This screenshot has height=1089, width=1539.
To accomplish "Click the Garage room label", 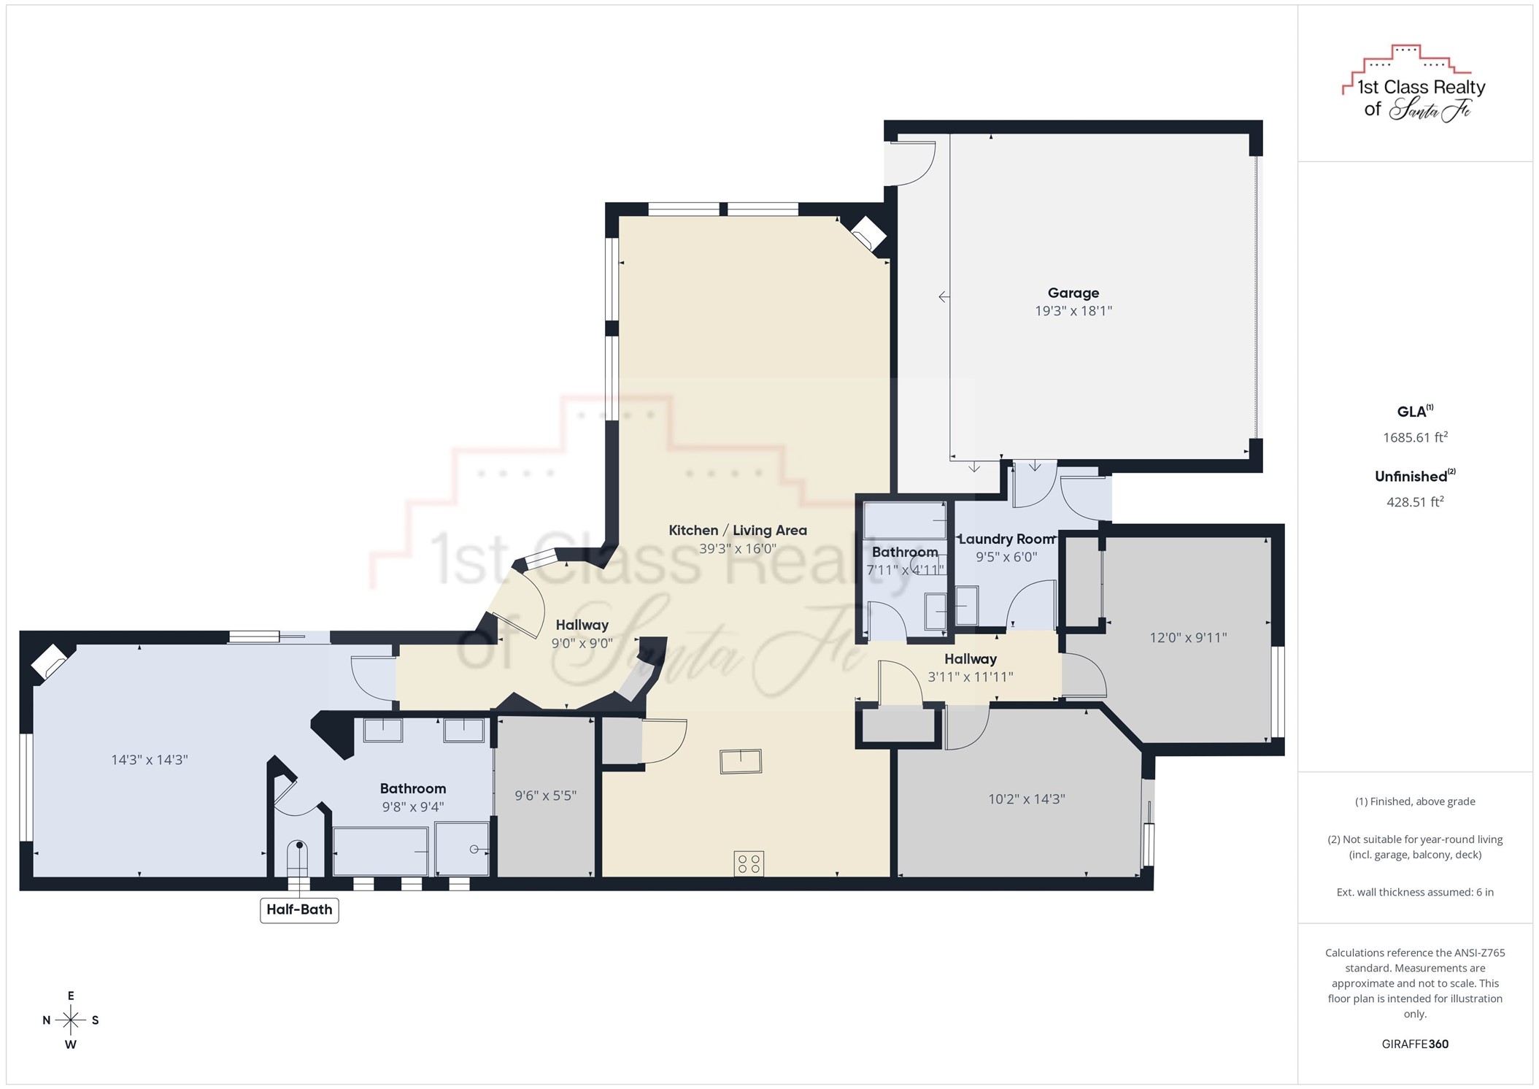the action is [x=1073, y=293].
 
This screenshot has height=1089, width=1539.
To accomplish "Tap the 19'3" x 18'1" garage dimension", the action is [x=1073, y=311].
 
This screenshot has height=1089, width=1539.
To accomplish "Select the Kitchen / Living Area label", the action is [x=738, y=531].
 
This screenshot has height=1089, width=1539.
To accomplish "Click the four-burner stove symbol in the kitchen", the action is [x=749, y=863].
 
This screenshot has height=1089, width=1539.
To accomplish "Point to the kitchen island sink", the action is [x=741, y=761].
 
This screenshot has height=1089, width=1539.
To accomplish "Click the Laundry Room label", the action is [x=1006, y=539].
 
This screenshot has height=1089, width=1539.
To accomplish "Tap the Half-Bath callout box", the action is [x=299, y=909].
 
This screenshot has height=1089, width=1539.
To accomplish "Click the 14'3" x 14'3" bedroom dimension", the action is [x=150, y=760].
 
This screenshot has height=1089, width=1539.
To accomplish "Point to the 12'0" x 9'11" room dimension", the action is [x=1188, y=637].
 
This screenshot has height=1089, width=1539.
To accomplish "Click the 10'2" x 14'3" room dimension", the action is [x=1027, y=799].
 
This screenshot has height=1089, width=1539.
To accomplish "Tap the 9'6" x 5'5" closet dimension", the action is [x=546, y=796].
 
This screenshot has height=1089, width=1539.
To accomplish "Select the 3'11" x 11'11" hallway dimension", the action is [x=970, y=677].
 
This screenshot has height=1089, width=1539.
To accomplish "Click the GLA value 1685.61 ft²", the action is [x=1415, y=437].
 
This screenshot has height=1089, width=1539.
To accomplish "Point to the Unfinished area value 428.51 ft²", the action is [x=1415, y=501].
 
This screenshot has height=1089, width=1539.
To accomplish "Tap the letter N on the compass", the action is [x=47, y=1020].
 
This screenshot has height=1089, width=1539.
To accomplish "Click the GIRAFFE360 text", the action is [x=1415, y=1044].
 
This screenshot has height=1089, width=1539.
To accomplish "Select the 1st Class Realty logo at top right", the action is [x=1414, y=83].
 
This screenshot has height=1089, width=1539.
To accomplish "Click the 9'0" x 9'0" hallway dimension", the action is [x=582, y=643].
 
